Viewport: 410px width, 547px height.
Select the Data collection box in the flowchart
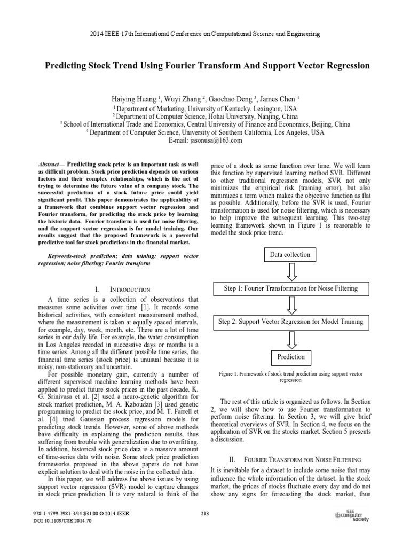tap(290, 255)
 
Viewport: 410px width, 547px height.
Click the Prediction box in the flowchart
tap(291, 357)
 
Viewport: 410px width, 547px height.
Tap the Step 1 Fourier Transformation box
tap(291, 289)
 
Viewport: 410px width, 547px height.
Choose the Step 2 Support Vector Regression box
tap(291, 322)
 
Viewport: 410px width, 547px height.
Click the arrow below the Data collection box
tap(291, 272)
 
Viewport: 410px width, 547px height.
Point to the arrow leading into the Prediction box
tap(291, 339)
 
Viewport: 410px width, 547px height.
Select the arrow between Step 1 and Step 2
tap(291, 306)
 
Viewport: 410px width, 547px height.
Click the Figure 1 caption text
tap(291, 377)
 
